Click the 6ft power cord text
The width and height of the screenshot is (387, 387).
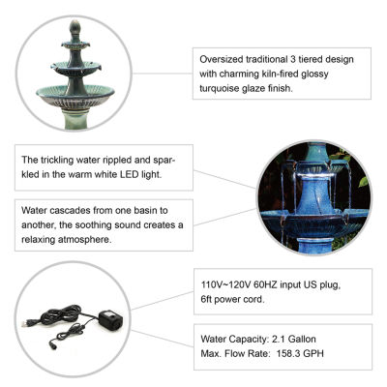pos(232,299)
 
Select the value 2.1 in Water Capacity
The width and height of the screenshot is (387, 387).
pos(279,339)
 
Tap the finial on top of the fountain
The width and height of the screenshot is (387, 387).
pos(74,26)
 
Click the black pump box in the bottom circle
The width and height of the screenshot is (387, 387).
pos(110,318)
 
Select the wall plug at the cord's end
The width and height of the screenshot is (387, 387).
pos(26,322)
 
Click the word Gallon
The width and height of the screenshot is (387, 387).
pos(302,339)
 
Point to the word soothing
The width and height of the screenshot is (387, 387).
pos(93,225)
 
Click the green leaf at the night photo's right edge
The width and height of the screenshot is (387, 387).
pos(364,182)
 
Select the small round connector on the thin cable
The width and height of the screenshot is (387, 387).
pos(52,342)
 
